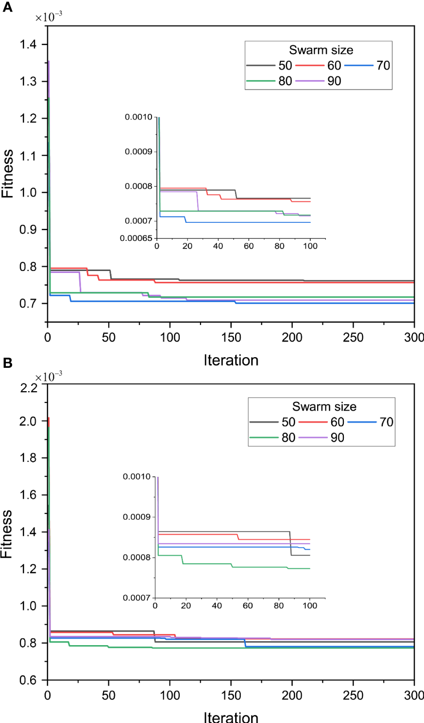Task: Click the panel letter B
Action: tap(7, 363)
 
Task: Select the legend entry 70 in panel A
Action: tap(383, 66)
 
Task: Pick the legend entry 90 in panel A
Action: tap(334, 81)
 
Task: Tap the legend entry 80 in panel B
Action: tap(288, 438)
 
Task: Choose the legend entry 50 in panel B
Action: tap(288, 422)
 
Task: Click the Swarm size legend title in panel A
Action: tap(321, 50)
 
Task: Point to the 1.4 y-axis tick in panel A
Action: tap(28, 45)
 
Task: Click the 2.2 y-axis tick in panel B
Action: tap(28, 388)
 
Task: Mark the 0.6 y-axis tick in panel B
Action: tap(28, 680)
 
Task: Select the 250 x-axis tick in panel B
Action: tap(353, 695)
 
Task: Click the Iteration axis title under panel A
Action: tap(231, 361)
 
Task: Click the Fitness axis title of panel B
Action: tap(7, 534)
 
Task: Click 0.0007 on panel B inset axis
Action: tap(136, 598)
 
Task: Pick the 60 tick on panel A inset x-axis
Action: tap(249, 246)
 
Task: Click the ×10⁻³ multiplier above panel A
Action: tap(49, 18)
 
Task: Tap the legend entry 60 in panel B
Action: tap(337, 422)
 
